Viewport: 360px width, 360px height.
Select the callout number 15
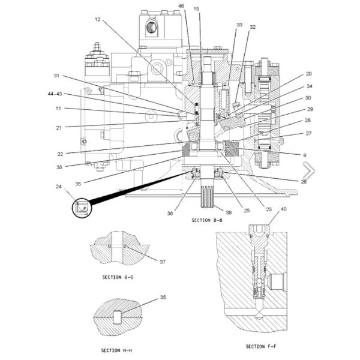coord(196,9)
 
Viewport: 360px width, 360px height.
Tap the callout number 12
coord(98,20)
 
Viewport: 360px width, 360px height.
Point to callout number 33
coord(239,25)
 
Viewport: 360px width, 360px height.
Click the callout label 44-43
coord(55,94)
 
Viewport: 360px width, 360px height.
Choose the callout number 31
coord(57,76)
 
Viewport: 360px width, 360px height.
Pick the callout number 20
coord(308,74)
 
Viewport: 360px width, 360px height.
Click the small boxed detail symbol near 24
coord(81,208)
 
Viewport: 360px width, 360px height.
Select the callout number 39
coord(228,212)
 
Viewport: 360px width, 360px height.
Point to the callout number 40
coord(284,209)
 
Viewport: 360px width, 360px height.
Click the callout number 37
coord(162,261)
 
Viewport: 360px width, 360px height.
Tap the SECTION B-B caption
coord(207,220)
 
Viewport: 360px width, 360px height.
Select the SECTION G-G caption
coord(118,278)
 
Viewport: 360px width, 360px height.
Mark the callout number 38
coord(59,167)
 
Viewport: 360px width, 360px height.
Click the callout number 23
coord(268,209)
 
